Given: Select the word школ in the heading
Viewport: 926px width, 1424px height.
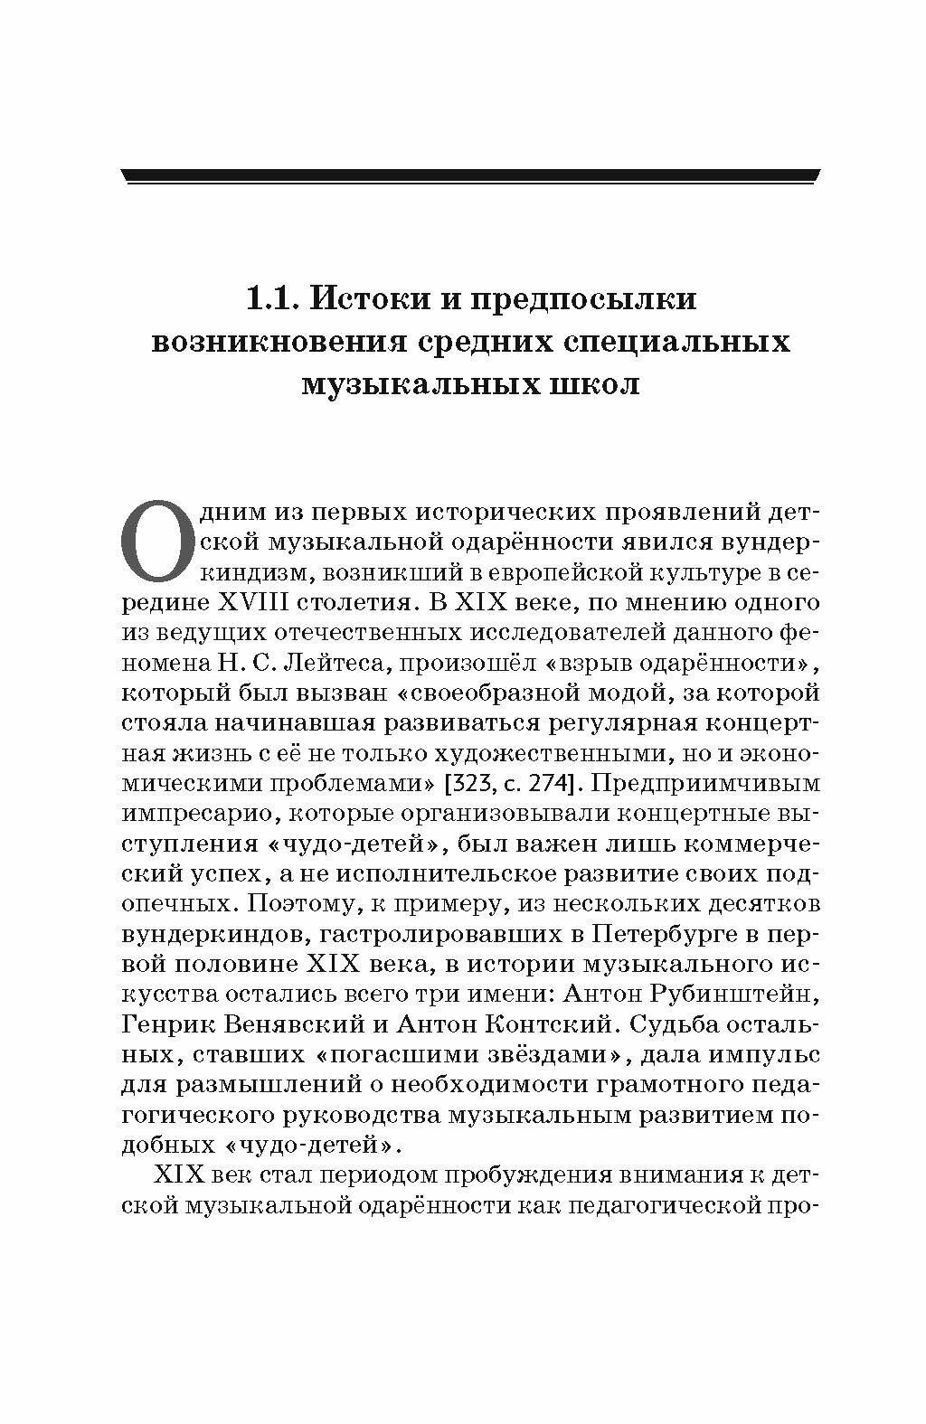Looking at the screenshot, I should pos(594,384).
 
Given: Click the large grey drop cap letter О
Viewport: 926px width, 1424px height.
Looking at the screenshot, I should pos(156,542).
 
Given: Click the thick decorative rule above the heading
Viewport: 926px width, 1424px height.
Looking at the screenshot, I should pos(470,176).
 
